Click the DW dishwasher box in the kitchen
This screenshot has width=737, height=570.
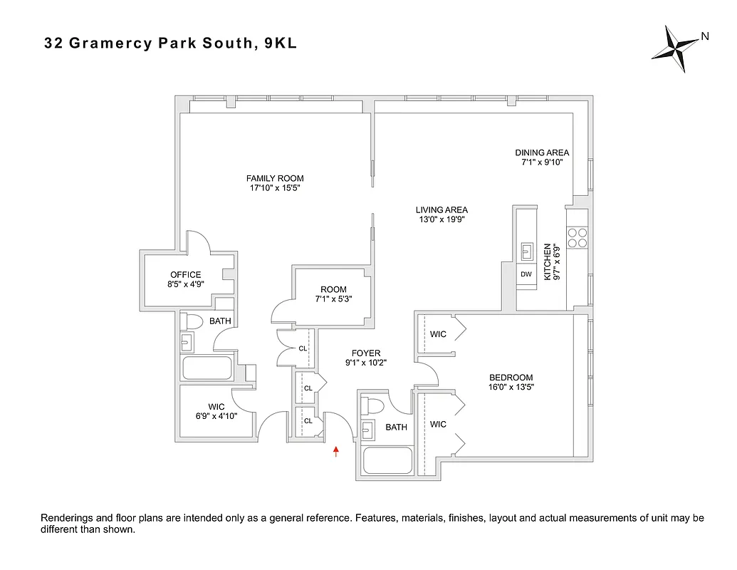tap(526, 274)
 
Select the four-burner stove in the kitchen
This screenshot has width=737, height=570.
tap(577, 237)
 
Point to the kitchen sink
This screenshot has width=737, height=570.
tap(527, 250)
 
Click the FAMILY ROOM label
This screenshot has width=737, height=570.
tap(275, 178)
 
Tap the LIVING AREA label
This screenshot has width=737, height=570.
tap(441, 209)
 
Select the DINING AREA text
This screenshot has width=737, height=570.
tap(542, 152)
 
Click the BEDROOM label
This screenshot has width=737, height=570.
tap(511, 378)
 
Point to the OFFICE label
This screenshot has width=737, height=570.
tap(185, 275)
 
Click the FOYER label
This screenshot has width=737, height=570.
tap(366, 353)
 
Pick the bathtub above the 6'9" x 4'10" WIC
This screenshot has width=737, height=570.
tap(207, 368)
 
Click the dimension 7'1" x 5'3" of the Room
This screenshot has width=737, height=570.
tap(333, 299)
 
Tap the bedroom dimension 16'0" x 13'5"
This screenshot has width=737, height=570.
tap(511, 388)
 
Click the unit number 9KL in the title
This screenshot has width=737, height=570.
tap(280, 43)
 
